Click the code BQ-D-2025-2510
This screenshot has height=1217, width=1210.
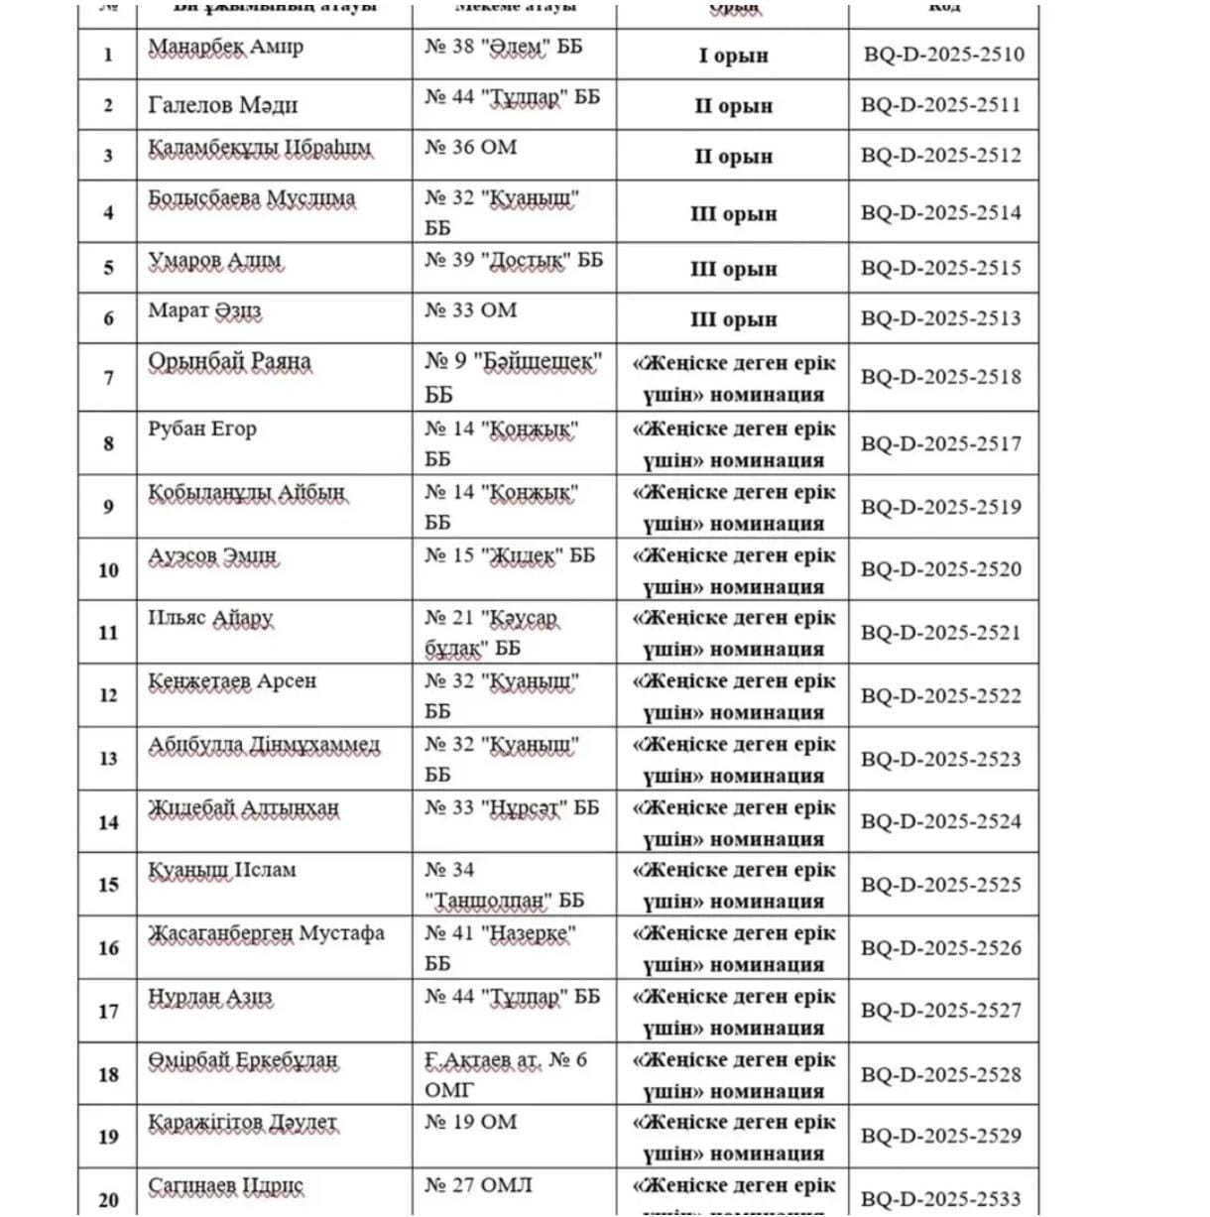943,55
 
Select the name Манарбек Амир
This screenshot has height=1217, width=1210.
226,48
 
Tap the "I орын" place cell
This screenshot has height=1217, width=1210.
733,56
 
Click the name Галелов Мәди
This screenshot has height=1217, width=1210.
222,105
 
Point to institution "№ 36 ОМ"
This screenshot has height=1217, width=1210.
471,148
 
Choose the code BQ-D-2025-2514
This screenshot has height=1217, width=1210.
940,212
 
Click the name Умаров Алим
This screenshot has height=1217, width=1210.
214,261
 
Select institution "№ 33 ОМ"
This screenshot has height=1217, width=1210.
471,310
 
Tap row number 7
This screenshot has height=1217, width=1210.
108,378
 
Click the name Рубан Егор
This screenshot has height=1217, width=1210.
202,429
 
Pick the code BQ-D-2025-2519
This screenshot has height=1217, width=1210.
940,507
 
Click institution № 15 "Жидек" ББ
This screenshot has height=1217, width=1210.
510,556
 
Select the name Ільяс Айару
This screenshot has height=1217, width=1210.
210,619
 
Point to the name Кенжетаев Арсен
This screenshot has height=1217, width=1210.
232,682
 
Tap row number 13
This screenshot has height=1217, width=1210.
108,759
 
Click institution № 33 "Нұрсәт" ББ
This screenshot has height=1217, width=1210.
512,808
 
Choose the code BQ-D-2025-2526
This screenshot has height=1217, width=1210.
940,948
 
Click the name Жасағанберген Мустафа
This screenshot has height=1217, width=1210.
266,934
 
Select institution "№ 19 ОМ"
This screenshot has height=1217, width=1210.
471,1122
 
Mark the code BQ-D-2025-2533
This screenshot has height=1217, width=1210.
940,1199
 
